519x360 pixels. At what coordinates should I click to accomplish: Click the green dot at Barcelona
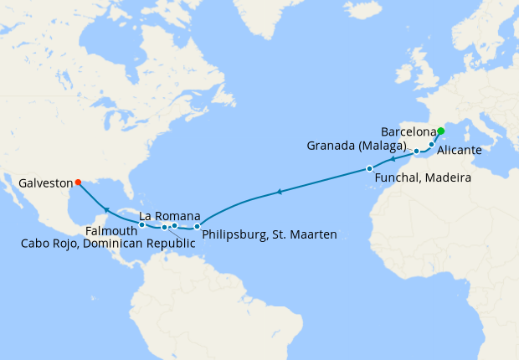tap(440, 131)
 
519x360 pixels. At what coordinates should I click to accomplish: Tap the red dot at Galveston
tap(77, 182)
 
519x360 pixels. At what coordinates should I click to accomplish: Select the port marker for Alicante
tap(431, 145)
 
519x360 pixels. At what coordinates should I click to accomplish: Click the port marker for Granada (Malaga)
tap(416, 152)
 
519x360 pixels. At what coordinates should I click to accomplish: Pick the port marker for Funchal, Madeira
tap(369, 169)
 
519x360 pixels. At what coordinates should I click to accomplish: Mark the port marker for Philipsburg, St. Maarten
tap(197, 226)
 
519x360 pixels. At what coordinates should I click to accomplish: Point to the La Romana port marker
tap(174, 225)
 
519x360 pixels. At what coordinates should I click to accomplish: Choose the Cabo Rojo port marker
tap(165, 227)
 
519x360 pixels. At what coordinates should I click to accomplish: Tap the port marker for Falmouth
tap(141, 224)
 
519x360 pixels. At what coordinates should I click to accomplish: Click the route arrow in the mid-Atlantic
tap(278, 193)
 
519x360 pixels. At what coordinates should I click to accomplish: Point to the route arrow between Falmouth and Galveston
tap(105, 208)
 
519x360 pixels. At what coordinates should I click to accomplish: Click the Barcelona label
tap(409, 132)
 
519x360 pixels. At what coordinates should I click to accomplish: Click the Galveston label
tap(39, 182)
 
